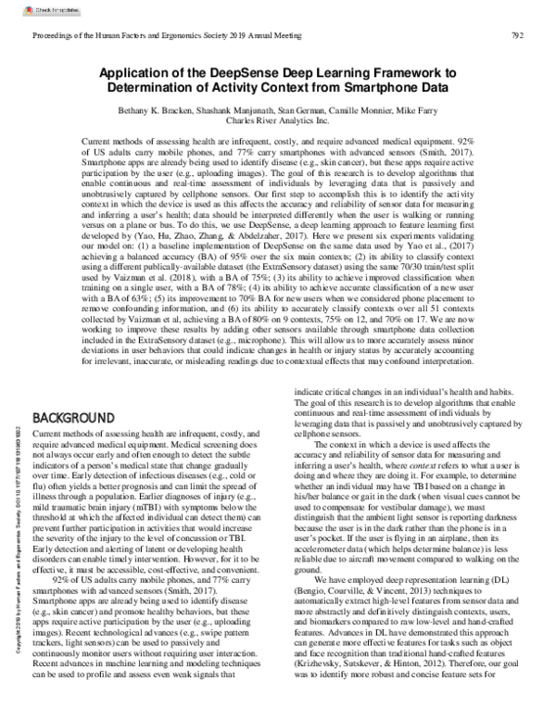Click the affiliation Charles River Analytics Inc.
(277, 120)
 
